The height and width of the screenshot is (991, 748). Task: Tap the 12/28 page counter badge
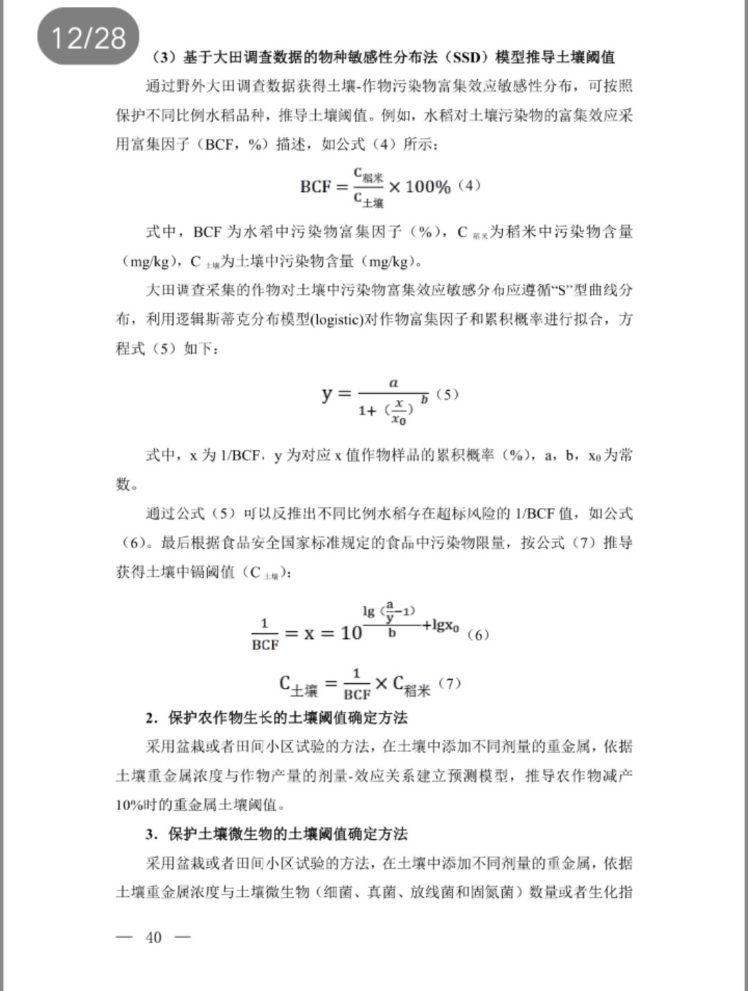pyautogui.click(x=88, y=37)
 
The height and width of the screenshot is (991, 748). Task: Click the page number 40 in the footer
pyautogui.click(x=153, y=937)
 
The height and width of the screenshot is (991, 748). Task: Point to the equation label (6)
pyautogui.click(x=478, y=634)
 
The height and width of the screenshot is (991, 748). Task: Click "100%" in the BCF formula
pyautogui.click(x=428, y=186)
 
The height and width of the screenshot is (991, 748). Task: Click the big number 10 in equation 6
pyautogui.click(x=351, y=633)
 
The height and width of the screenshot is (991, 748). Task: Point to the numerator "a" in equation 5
pyautogui.click(x=394, y=383)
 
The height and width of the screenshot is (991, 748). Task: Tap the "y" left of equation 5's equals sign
pyautogui.click(x=327, y=394)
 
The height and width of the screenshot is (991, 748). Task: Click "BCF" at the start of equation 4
pyautogui.click(x=316, y=186)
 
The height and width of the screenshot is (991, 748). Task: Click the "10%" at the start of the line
pyautogui.click(x=130, y=805)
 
